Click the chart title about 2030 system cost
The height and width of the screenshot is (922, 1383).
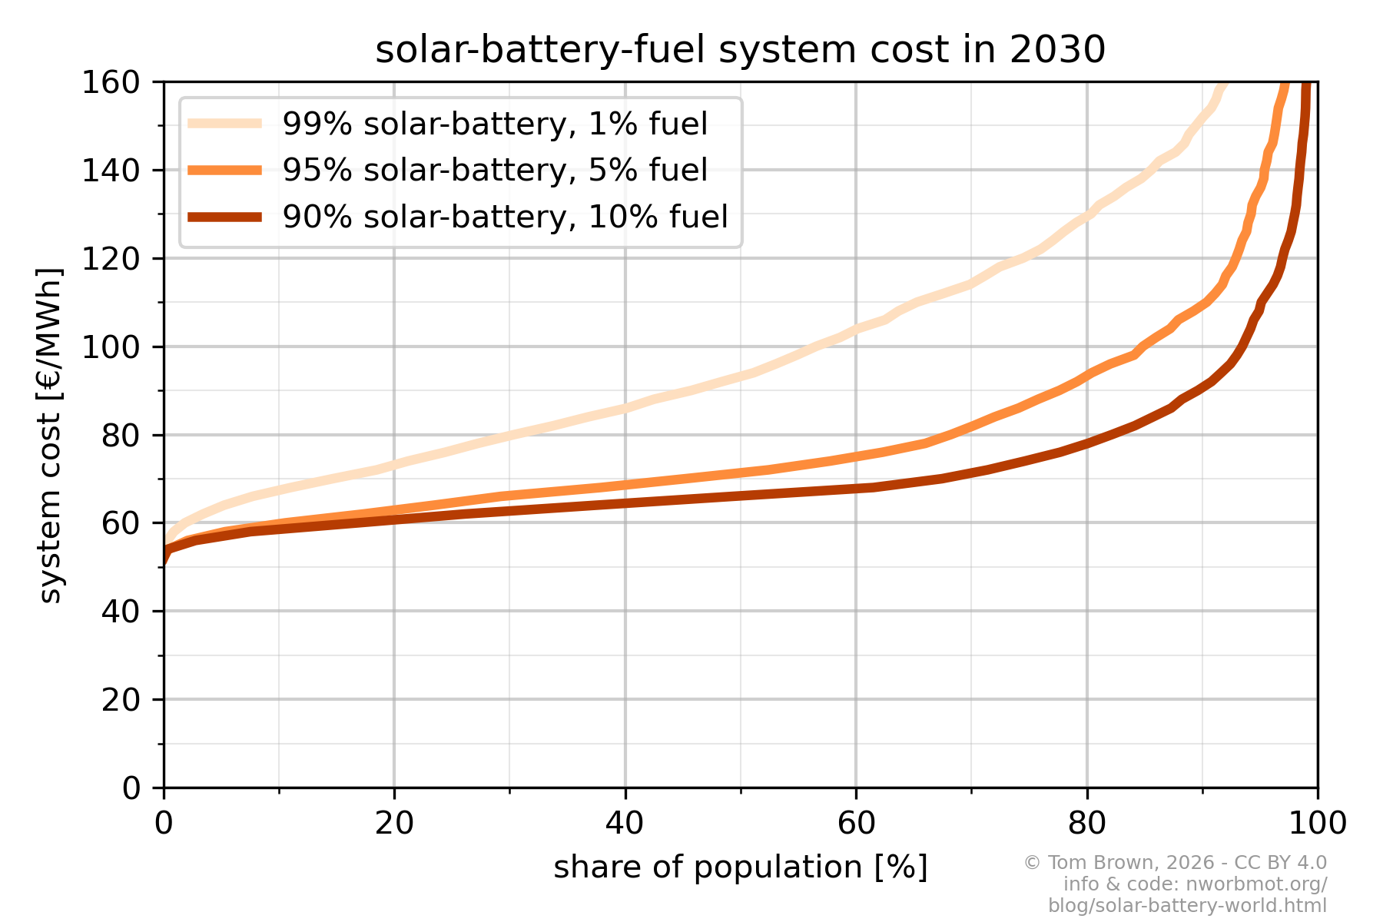pos(740,50)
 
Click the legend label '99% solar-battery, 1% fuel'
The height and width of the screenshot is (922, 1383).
pos(495,124)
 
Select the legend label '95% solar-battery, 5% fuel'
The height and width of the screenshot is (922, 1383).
pos(495,170)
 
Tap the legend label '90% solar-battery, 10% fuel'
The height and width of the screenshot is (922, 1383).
pos(505,217)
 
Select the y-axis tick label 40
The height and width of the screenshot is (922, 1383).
pos(121,612)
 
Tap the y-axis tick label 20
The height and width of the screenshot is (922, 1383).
pos(121,700)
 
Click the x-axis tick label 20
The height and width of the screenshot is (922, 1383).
pos(394,823)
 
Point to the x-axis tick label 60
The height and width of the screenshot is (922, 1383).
pos(856,823)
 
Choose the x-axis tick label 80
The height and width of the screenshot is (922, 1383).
pos(1087,823)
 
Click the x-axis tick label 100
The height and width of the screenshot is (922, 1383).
pos(1318,823)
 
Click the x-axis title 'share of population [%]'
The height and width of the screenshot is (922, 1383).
pos(740,867)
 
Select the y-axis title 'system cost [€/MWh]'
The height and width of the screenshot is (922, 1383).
pos(51,435)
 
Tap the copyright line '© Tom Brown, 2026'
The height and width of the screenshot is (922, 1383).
pos(1175,863)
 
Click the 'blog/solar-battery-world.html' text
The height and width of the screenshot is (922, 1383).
pos(1187,906)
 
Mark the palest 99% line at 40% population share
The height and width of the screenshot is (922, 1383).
pos(625,408)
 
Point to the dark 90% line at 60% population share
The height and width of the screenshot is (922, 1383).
pos(856,488)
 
